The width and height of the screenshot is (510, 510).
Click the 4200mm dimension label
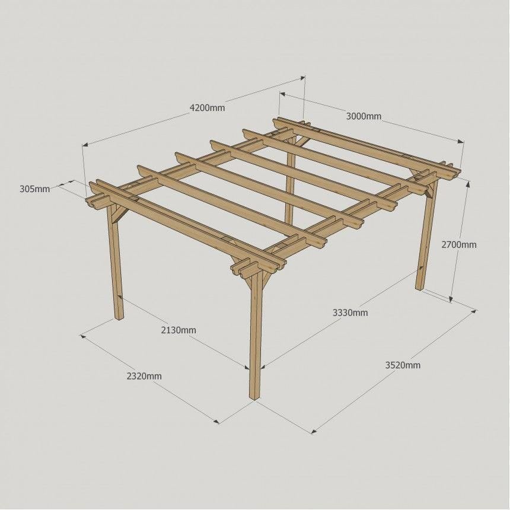coord(207,108)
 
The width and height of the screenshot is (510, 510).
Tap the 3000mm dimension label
coord(364,116)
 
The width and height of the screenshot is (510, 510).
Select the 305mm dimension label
coord(35,189)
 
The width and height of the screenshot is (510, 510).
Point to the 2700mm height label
coord(458,244)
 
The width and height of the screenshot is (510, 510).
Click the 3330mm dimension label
coord(350,313)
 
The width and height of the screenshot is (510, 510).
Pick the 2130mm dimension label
coord(179,330)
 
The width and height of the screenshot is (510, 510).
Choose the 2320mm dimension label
coord(144,377)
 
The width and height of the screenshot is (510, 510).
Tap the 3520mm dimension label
coord(403,365)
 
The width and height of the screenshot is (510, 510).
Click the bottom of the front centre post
coord(255,397)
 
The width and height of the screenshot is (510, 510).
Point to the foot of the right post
coord(420,288)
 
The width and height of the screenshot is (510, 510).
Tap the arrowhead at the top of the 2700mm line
coord(468,184)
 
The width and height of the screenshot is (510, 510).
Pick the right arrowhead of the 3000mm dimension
coord(461,141)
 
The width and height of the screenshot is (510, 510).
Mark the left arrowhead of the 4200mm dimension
coord(85,145)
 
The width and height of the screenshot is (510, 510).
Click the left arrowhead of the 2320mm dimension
coord(83,336)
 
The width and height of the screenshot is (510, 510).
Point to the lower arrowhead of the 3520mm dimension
coord(314,431)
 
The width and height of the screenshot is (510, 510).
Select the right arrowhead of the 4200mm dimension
coord(302,78)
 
